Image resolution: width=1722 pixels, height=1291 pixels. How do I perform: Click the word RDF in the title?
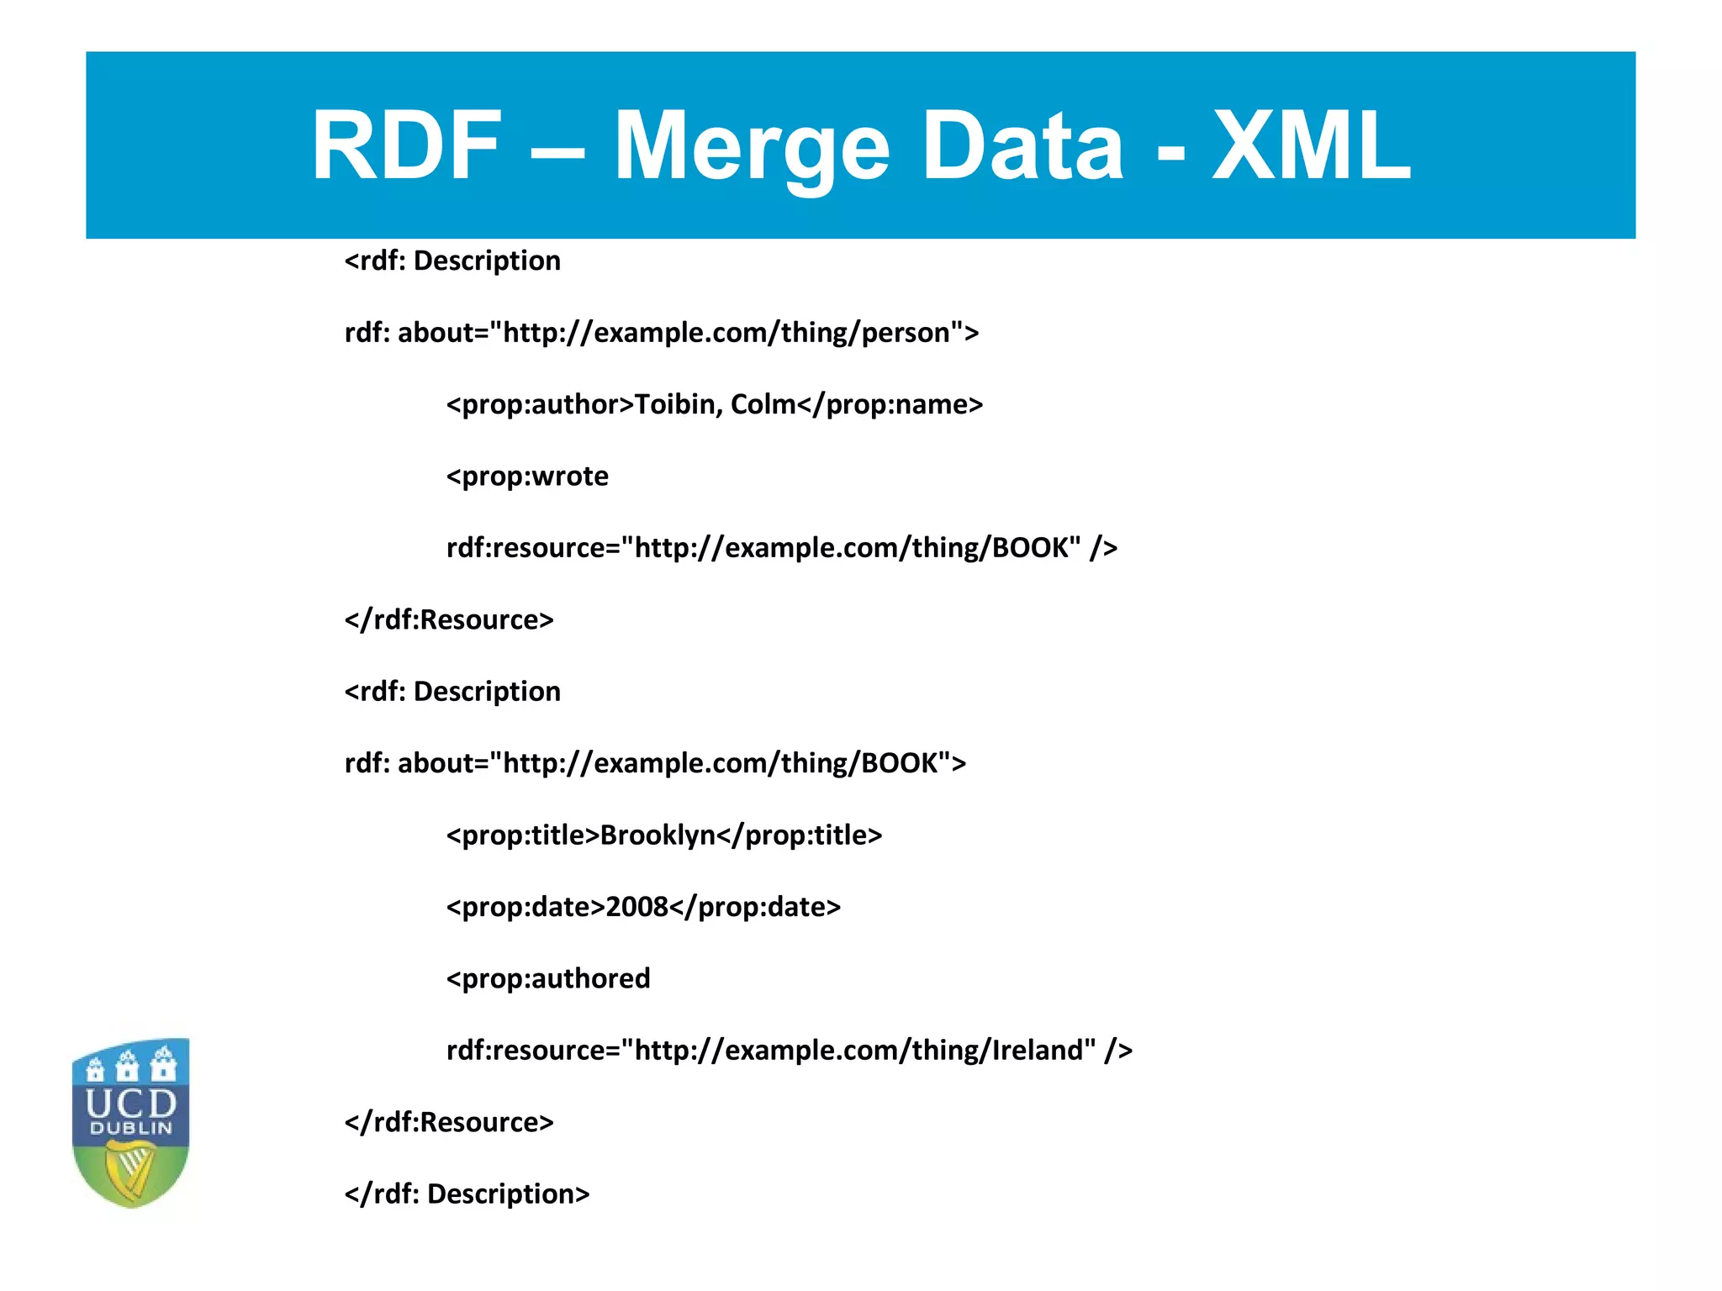click(x=407, y=146)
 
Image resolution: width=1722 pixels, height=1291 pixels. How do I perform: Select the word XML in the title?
click(x=1311, y=146)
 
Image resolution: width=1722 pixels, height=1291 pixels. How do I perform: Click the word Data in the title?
click(x=1023, y=146)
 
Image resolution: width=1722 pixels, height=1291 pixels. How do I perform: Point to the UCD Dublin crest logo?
click(x=131, y=1121)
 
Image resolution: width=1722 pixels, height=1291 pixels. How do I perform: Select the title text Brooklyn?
click(x=658, y=835)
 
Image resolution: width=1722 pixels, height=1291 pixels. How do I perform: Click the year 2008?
click(x=637, y=907)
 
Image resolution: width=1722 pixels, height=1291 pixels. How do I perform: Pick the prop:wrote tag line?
click(x=527, y=477)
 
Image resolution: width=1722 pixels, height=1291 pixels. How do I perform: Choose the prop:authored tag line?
click(x=548, y=978)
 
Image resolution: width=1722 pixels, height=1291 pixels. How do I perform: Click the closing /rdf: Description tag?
click(x=467, y=1194)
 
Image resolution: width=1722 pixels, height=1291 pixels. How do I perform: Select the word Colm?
click(x=763, y=404)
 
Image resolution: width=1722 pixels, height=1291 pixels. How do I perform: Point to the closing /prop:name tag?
click(x=890, y=404)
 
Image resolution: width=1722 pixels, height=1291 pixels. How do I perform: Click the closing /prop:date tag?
click(x=756, y=907)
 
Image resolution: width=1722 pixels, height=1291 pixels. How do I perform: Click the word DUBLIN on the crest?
click(x=131, y=1128)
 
